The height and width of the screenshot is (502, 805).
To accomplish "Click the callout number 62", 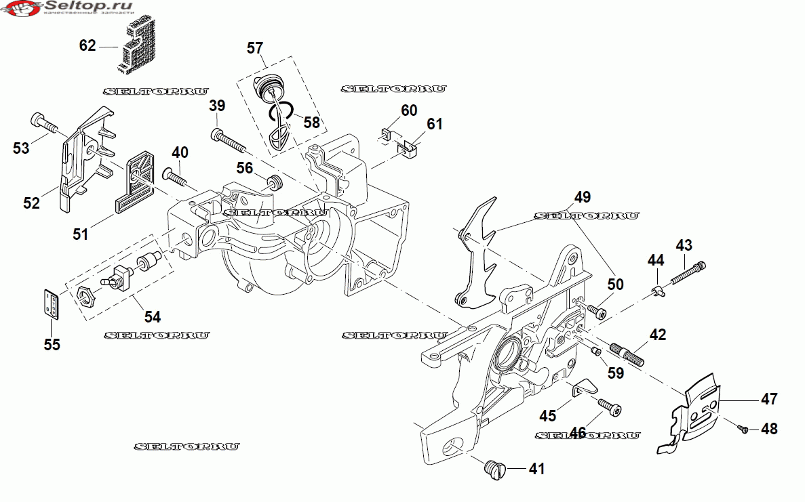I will tap(87, 45).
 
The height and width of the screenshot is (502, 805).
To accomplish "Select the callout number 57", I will tap(255, 48).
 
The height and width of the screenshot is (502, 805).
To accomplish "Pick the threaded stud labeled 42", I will tap(627, 354).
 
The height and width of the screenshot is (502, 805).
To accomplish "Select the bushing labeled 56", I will tap(275, 182).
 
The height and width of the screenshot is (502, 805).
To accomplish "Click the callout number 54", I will tap(153, 316).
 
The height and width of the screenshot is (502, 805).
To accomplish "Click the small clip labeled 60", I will tap(387, 132).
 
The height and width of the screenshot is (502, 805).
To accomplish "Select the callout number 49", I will tap(583, 197).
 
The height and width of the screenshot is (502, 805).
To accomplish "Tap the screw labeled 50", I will tap(597, 312).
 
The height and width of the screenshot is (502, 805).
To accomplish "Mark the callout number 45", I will tap(548, 414).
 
